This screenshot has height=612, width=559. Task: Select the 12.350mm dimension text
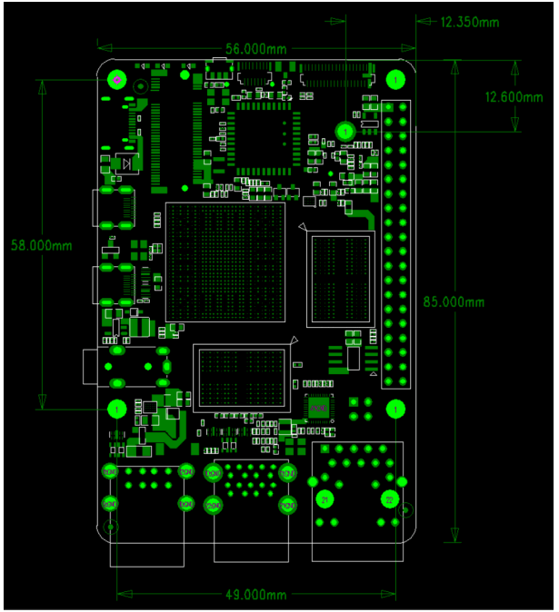(x=470, y=21)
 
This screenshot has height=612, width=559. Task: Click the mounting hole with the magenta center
(x=117, y=80)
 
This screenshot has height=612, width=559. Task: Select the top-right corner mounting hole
(x=395, y=80)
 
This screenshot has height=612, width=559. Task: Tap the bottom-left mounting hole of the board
(x=117, y=410)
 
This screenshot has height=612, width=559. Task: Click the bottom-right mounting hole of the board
(x=395, y=410)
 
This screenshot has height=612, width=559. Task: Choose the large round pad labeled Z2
(x=389, y=499)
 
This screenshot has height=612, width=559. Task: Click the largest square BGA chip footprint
(x=225, y=262)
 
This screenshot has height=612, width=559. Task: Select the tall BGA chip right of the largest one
(x=340, y=279)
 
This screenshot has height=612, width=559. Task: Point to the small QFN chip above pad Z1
(x=318, y=410)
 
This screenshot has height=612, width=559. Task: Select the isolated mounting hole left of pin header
(x=346, y=132)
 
